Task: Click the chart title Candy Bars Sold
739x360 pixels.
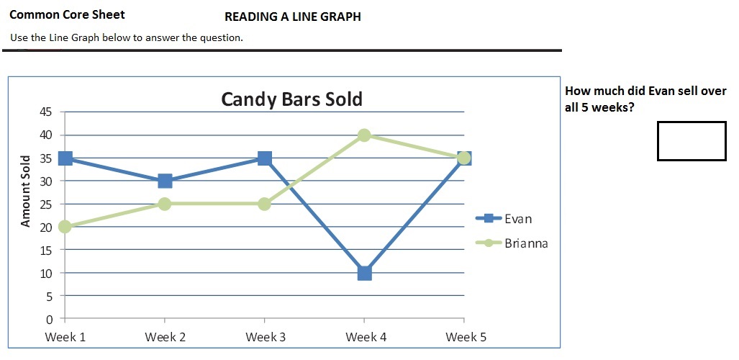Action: pos(291,99)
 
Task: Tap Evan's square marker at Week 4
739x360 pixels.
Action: pos(364,273)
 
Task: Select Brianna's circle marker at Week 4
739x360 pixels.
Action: pos(364,135)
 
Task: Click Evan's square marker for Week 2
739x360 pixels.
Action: pos(165,181)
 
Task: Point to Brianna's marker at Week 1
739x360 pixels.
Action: pos(65,227)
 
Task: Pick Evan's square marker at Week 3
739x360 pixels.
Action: pos(264,158)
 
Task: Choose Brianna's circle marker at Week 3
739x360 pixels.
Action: pos(264,204)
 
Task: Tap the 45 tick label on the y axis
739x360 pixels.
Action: pos(45,112)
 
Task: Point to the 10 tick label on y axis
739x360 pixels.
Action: pos(45,273)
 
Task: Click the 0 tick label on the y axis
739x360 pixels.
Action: pos(49,319)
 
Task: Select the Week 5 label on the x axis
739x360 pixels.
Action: pos(466,337)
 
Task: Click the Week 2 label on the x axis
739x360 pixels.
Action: pos(166,337)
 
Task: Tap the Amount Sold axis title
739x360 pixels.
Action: pos(26,191)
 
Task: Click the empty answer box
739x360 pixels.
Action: pos(691,141)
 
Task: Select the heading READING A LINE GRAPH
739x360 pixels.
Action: pos(292,17)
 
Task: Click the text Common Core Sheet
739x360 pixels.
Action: pos(67,14)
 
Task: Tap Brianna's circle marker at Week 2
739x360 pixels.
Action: pos(165,204)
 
